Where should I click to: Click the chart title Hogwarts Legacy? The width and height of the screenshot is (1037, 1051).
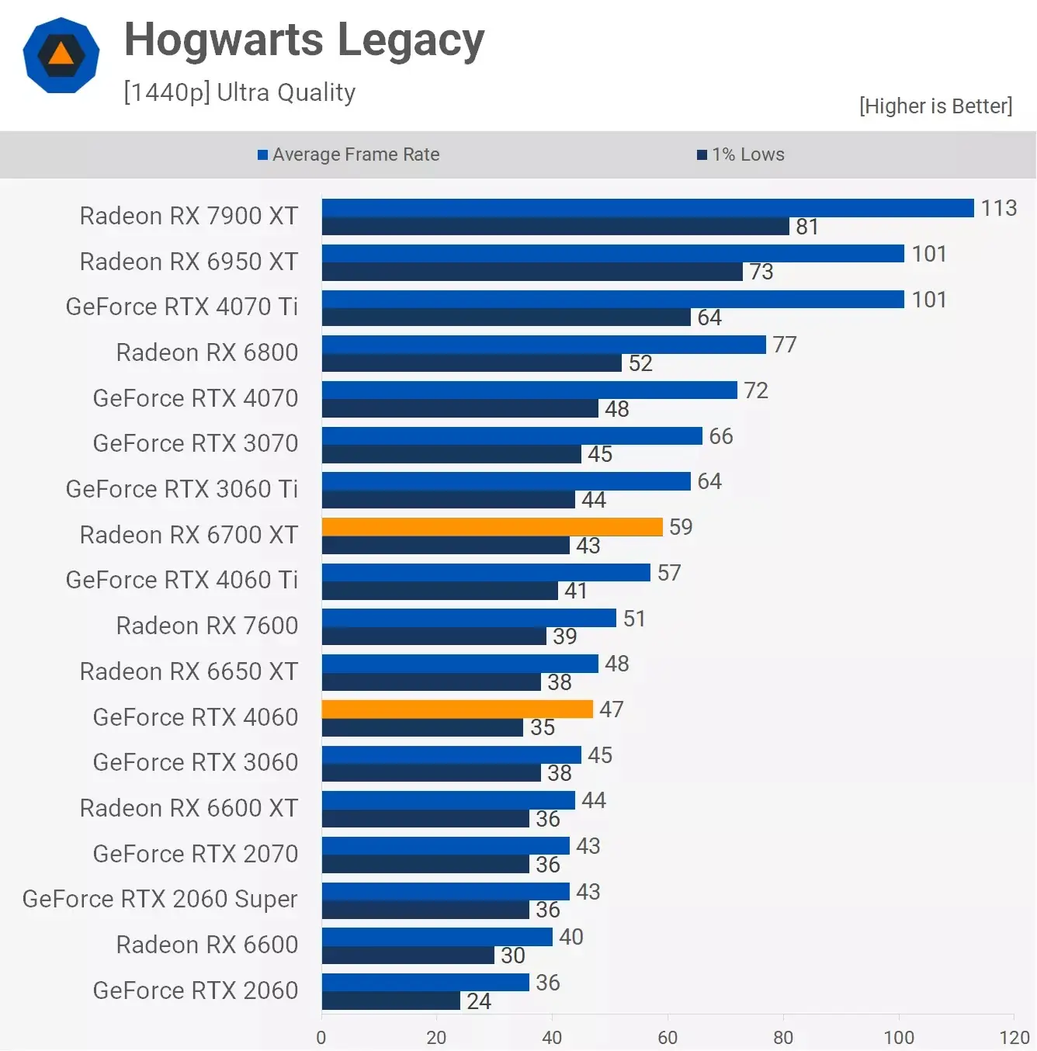(304, 40)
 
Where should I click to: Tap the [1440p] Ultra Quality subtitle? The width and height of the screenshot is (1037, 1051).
(239, 92)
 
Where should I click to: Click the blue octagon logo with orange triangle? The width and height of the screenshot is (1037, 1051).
(61, 55)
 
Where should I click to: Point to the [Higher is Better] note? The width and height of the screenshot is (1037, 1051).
(935, 106)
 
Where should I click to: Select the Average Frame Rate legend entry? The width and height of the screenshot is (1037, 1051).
(349, 154)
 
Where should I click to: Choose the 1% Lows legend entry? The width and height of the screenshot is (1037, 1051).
(740, 154)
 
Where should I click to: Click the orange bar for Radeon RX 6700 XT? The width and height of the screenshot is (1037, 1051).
(492, 527)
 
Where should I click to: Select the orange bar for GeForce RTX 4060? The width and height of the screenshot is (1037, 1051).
(457, 709)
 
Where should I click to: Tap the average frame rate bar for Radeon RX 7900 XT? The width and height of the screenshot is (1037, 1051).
(647, 208)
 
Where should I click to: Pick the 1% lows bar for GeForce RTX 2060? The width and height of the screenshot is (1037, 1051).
(391, 1001)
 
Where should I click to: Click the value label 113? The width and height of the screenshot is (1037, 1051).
(999, 208)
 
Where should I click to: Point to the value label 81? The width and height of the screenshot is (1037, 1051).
(807, 227)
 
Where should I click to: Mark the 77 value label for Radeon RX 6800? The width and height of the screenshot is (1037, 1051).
(785, 345)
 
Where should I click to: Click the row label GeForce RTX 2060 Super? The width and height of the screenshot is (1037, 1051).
(160, 899)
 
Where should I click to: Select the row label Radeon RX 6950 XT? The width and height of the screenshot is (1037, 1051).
(189, 262)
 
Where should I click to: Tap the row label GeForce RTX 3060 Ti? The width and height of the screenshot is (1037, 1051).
(182, 489)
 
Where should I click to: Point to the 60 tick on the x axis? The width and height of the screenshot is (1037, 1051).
(668, 1037)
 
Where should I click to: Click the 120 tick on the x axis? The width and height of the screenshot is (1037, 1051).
(1014, 1037)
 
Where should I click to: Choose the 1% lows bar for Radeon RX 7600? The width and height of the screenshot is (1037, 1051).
(434, 636)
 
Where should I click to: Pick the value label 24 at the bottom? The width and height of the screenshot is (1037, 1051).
(479, 1001)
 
